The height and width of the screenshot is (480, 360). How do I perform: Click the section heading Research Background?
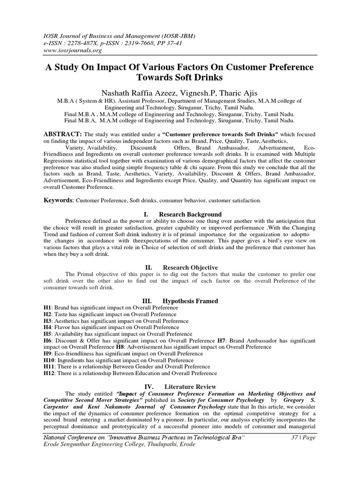click(x=192, y=214)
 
